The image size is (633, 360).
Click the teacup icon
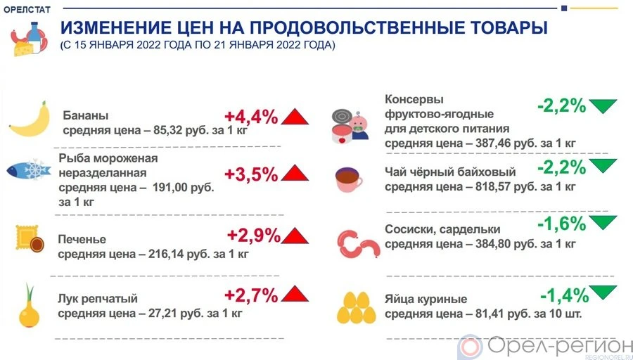tap(348, 180)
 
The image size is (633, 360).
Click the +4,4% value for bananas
tap(250, 116)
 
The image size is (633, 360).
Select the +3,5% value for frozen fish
tap(250, 174)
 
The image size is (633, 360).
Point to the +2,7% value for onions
tap(250, 295)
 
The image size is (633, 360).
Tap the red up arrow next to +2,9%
tap(295, 237)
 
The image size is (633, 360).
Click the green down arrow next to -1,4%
tap(603, 291)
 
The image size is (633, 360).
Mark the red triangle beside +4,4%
tap(295, 116)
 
